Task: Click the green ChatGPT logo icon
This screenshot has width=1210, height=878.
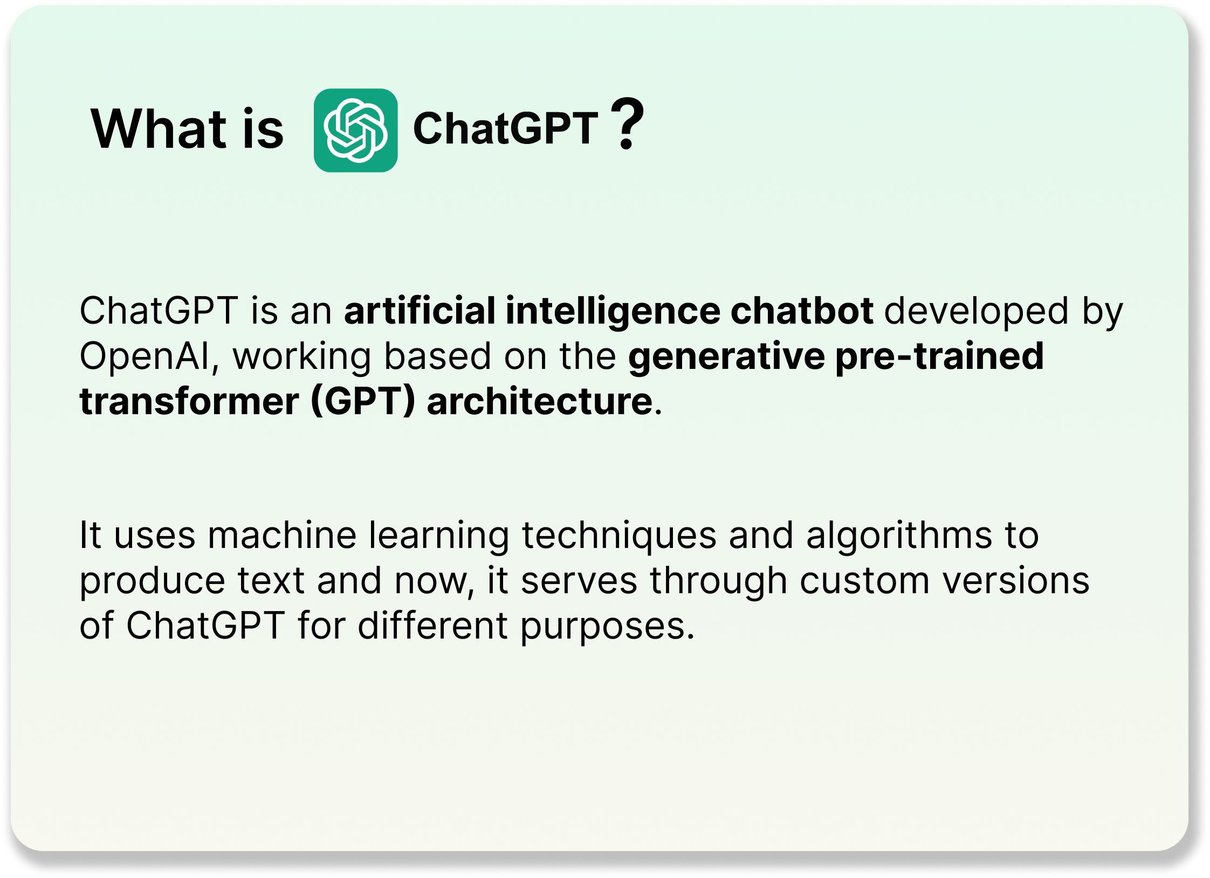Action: (355, 131)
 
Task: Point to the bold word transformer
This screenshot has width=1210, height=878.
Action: (189, 401)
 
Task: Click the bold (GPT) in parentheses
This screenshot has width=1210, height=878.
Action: (363, 401)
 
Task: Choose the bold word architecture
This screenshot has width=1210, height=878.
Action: (540, 401)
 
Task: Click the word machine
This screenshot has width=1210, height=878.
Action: (283, 536)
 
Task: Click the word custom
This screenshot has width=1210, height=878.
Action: (865, 581)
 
